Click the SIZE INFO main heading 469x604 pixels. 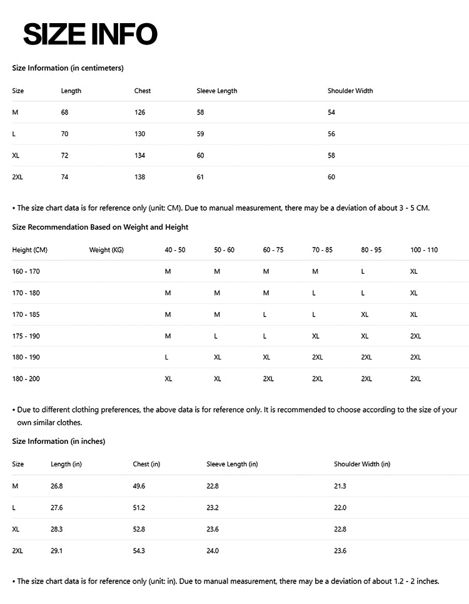click(90, 34)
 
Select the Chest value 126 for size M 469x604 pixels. click(139, 113)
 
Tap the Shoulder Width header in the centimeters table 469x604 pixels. click(350, 91)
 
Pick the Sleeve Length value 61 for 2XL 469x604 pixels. click(200, 177)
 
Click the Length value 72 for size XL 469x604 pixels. click(64, 156)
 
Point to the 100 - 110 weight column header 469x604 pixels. click(424, 250)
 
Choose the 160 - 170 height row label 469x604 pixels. click(26, 271)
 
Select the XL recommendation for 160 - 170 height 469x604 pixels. click(414, 271)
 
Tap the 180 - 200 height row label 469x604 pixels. click(26, 379)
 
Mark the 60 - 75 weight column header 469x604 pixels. click(273, 250)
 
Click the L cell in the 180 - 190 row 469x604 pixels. click(166, 357)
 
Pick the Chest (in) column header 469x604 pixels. click(146, 464)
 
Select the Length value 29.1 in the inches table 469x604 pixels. click(56, 551)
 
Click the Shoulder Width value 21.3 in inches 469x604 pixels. click(340, 486)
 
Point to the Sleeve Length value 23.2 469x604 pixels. click(213, 508)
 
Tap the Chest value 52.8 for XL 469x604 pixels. click(139, 529)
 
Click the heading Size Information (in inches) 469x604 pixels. click(59, 441)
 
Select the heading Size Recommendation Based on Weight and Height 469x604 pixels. click(100, 227)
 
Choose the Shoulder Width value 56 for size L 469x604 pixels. click(331, 134)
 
